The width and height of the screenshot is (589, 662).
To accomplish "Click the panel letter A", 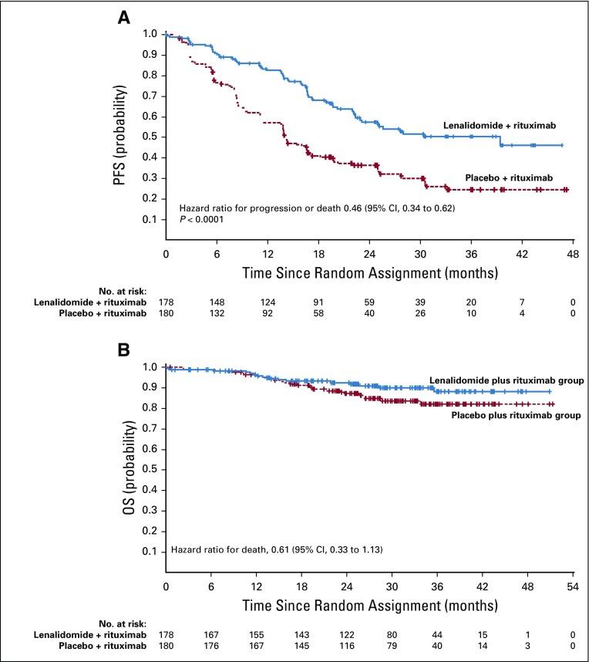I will pyautogui.click(x=124, y=17).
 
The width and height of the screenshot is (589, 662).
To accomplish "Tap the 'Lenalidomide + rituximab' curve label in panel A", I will pyautogui.click(x=500, y=124).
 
